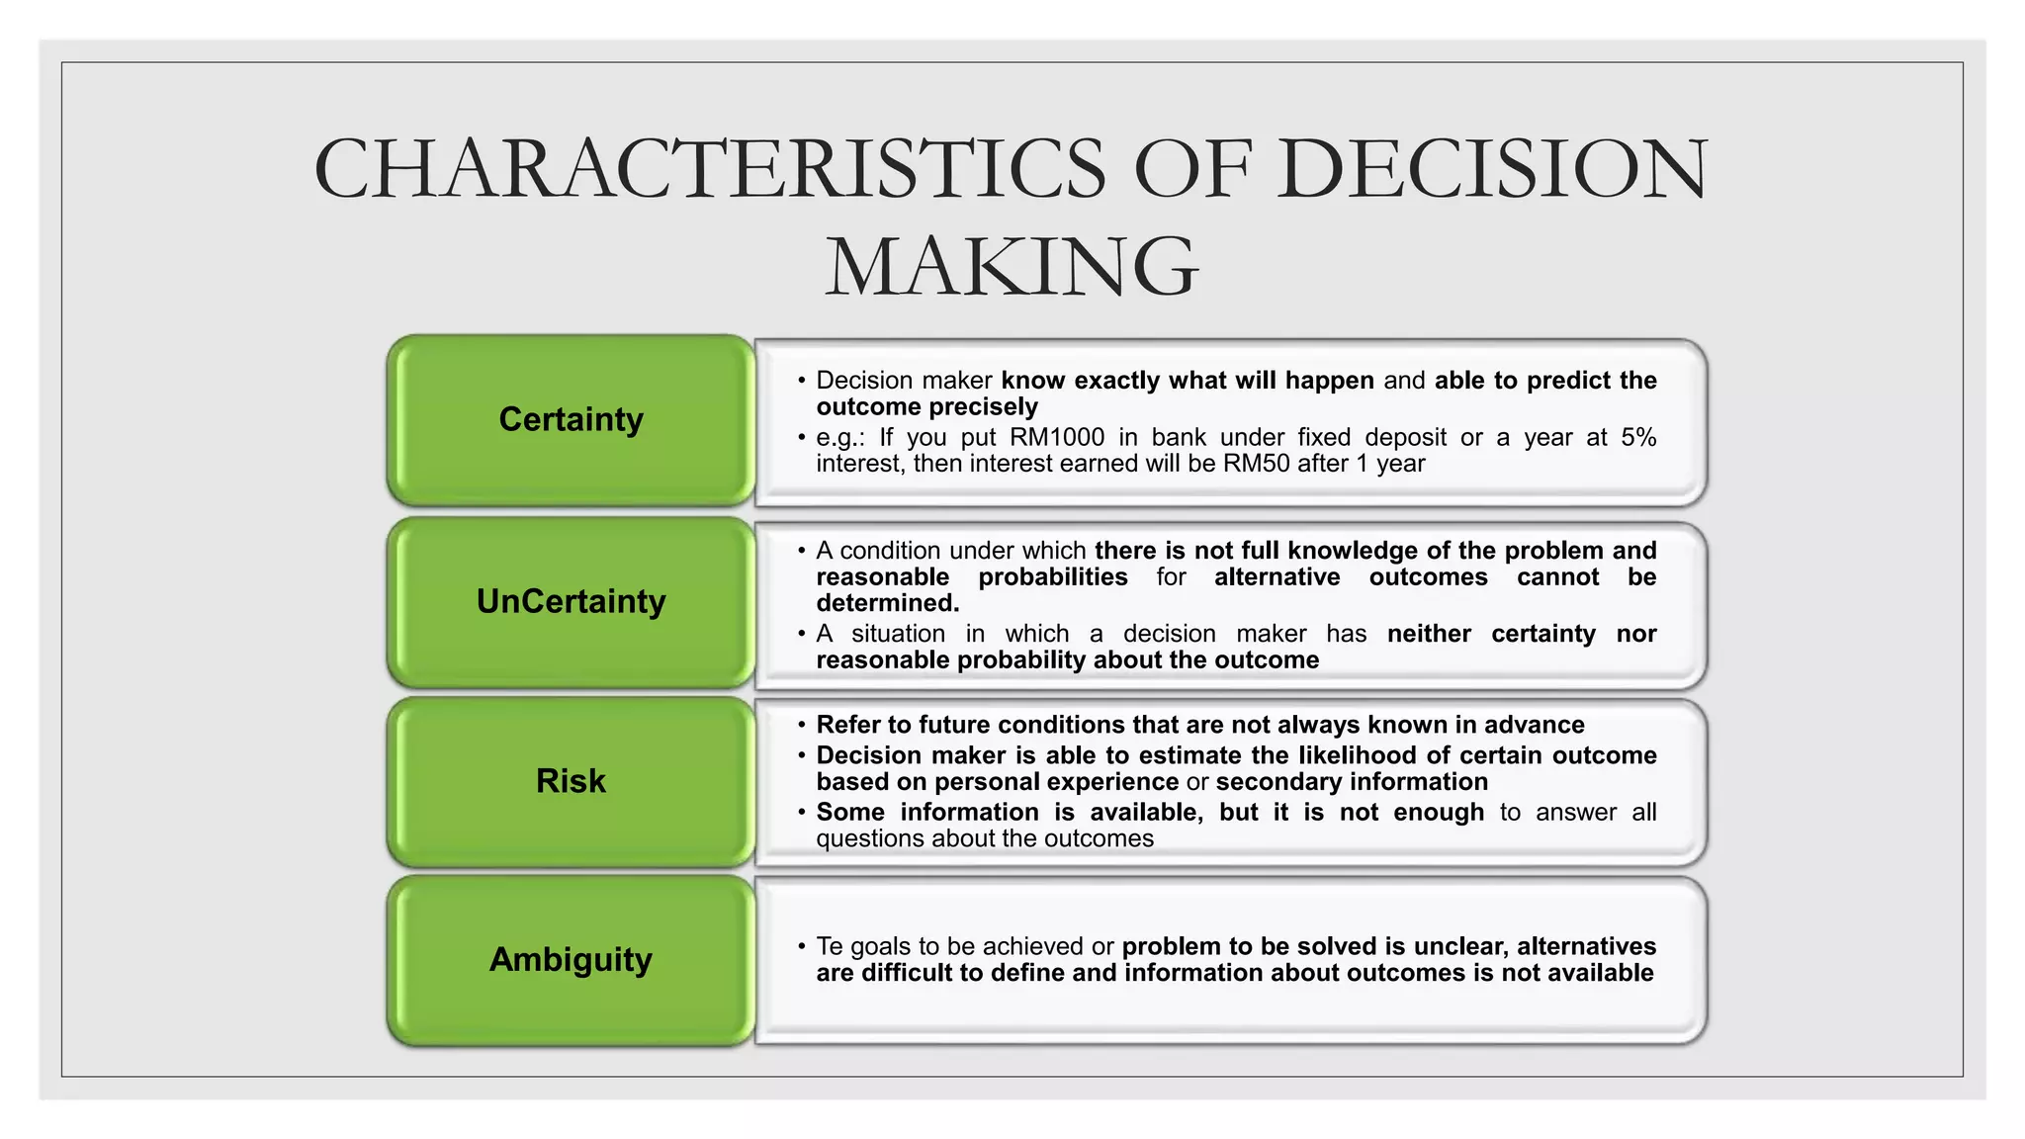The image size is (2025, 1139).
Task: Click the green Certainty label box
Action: pyautogui.click(x=571, y=420)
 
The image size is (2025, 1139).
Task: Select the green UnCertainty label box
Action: pyautogui.click(x=571, y=602)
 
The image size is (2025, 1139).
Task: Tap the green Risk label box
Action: pyautogui.click(x=571, y=781)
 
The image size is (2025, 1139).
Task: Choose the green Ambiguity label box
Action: pyautogui.click(x=571, y=960)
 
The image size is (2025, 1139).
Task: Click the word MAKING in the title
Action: pyautogui.click(x=1012, y=266)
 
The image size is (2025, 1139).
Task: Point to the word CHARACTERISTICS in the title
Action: pyautogui.click(x=709, y=169)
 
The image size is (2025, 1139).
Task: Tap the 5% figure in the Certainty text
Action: pyautogui.click(x=1638, y=438)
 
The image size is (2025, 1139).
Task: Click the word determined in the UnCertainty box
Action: pyautogui.click(x=887, y=603)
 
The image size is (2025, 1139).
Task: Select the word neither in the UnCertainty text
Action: pyautogui.click(x=1429, y=634)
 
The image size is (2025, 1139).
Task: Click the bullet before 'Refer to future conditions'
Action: pyautogui.click(x=802, y=725)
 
